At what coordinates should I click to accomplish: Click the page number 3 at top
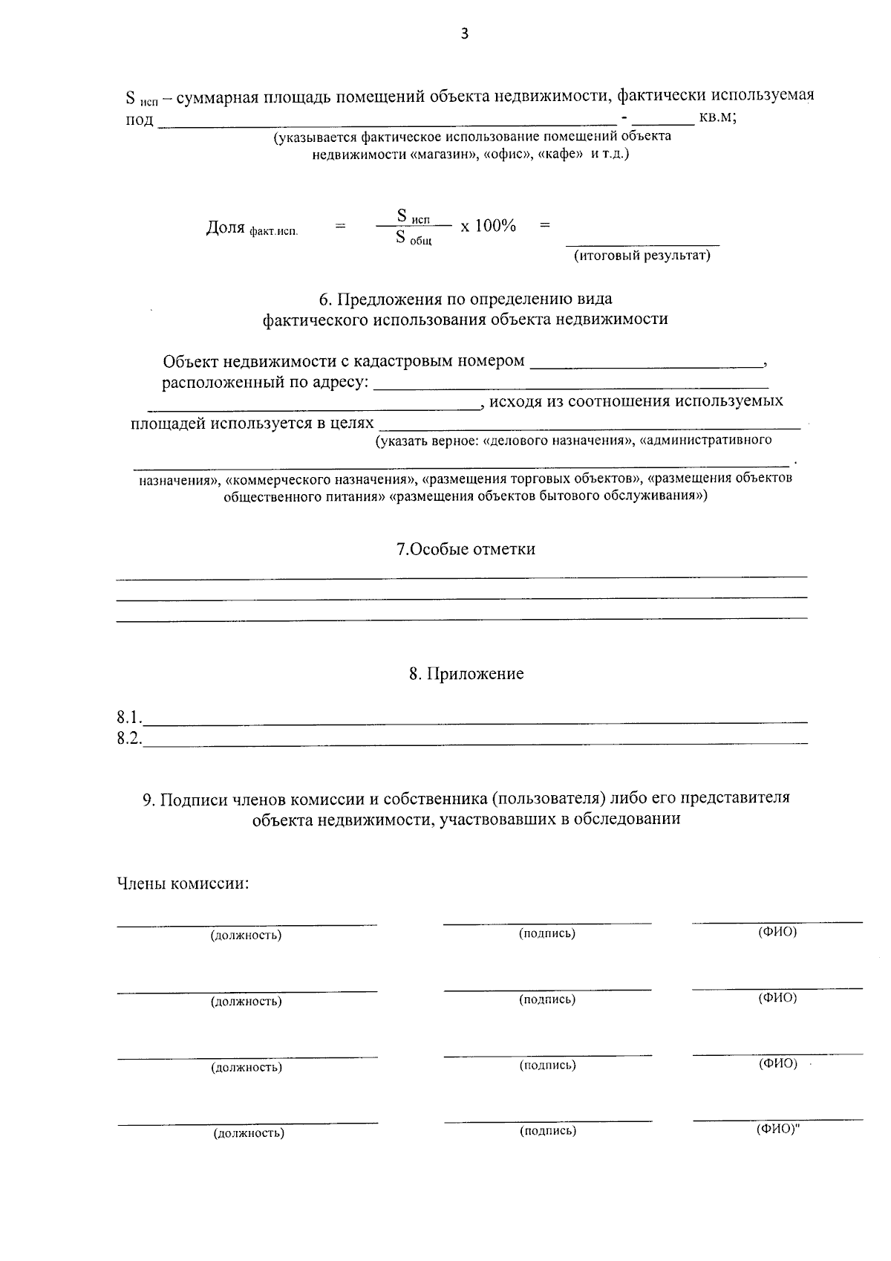[x=465, y=34]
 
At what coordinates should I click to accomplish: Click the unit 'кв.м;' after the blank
[x=717, y=117]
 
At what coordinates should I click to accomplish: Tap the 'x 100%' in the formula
[x=488, y=226]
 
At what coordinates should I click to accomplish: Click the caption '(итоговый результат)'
[x=642, y=256]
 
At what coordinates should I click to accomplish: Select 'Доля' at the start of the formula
[x=225, y=227]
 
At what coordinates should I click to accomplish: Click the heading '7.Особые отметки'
[x=466, y=549]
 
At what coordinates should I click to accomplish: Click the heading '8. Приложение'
[x=466, y=674]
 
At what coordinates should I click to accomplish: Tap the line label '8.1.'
[x=128, y=718]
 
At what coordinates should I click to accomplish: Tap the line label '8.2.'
[x=128, y=739]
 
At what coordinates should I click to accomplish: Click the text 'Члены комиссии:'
[x=183, y=884]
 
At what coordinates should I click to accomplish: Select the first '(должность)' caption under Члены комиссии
[x=247, y=935]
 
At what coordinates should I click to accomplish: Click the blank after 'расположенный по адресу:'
[x=570, y=386]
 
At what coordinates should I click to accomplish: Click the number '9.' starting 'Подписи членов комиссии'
[x=148, y=798]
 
